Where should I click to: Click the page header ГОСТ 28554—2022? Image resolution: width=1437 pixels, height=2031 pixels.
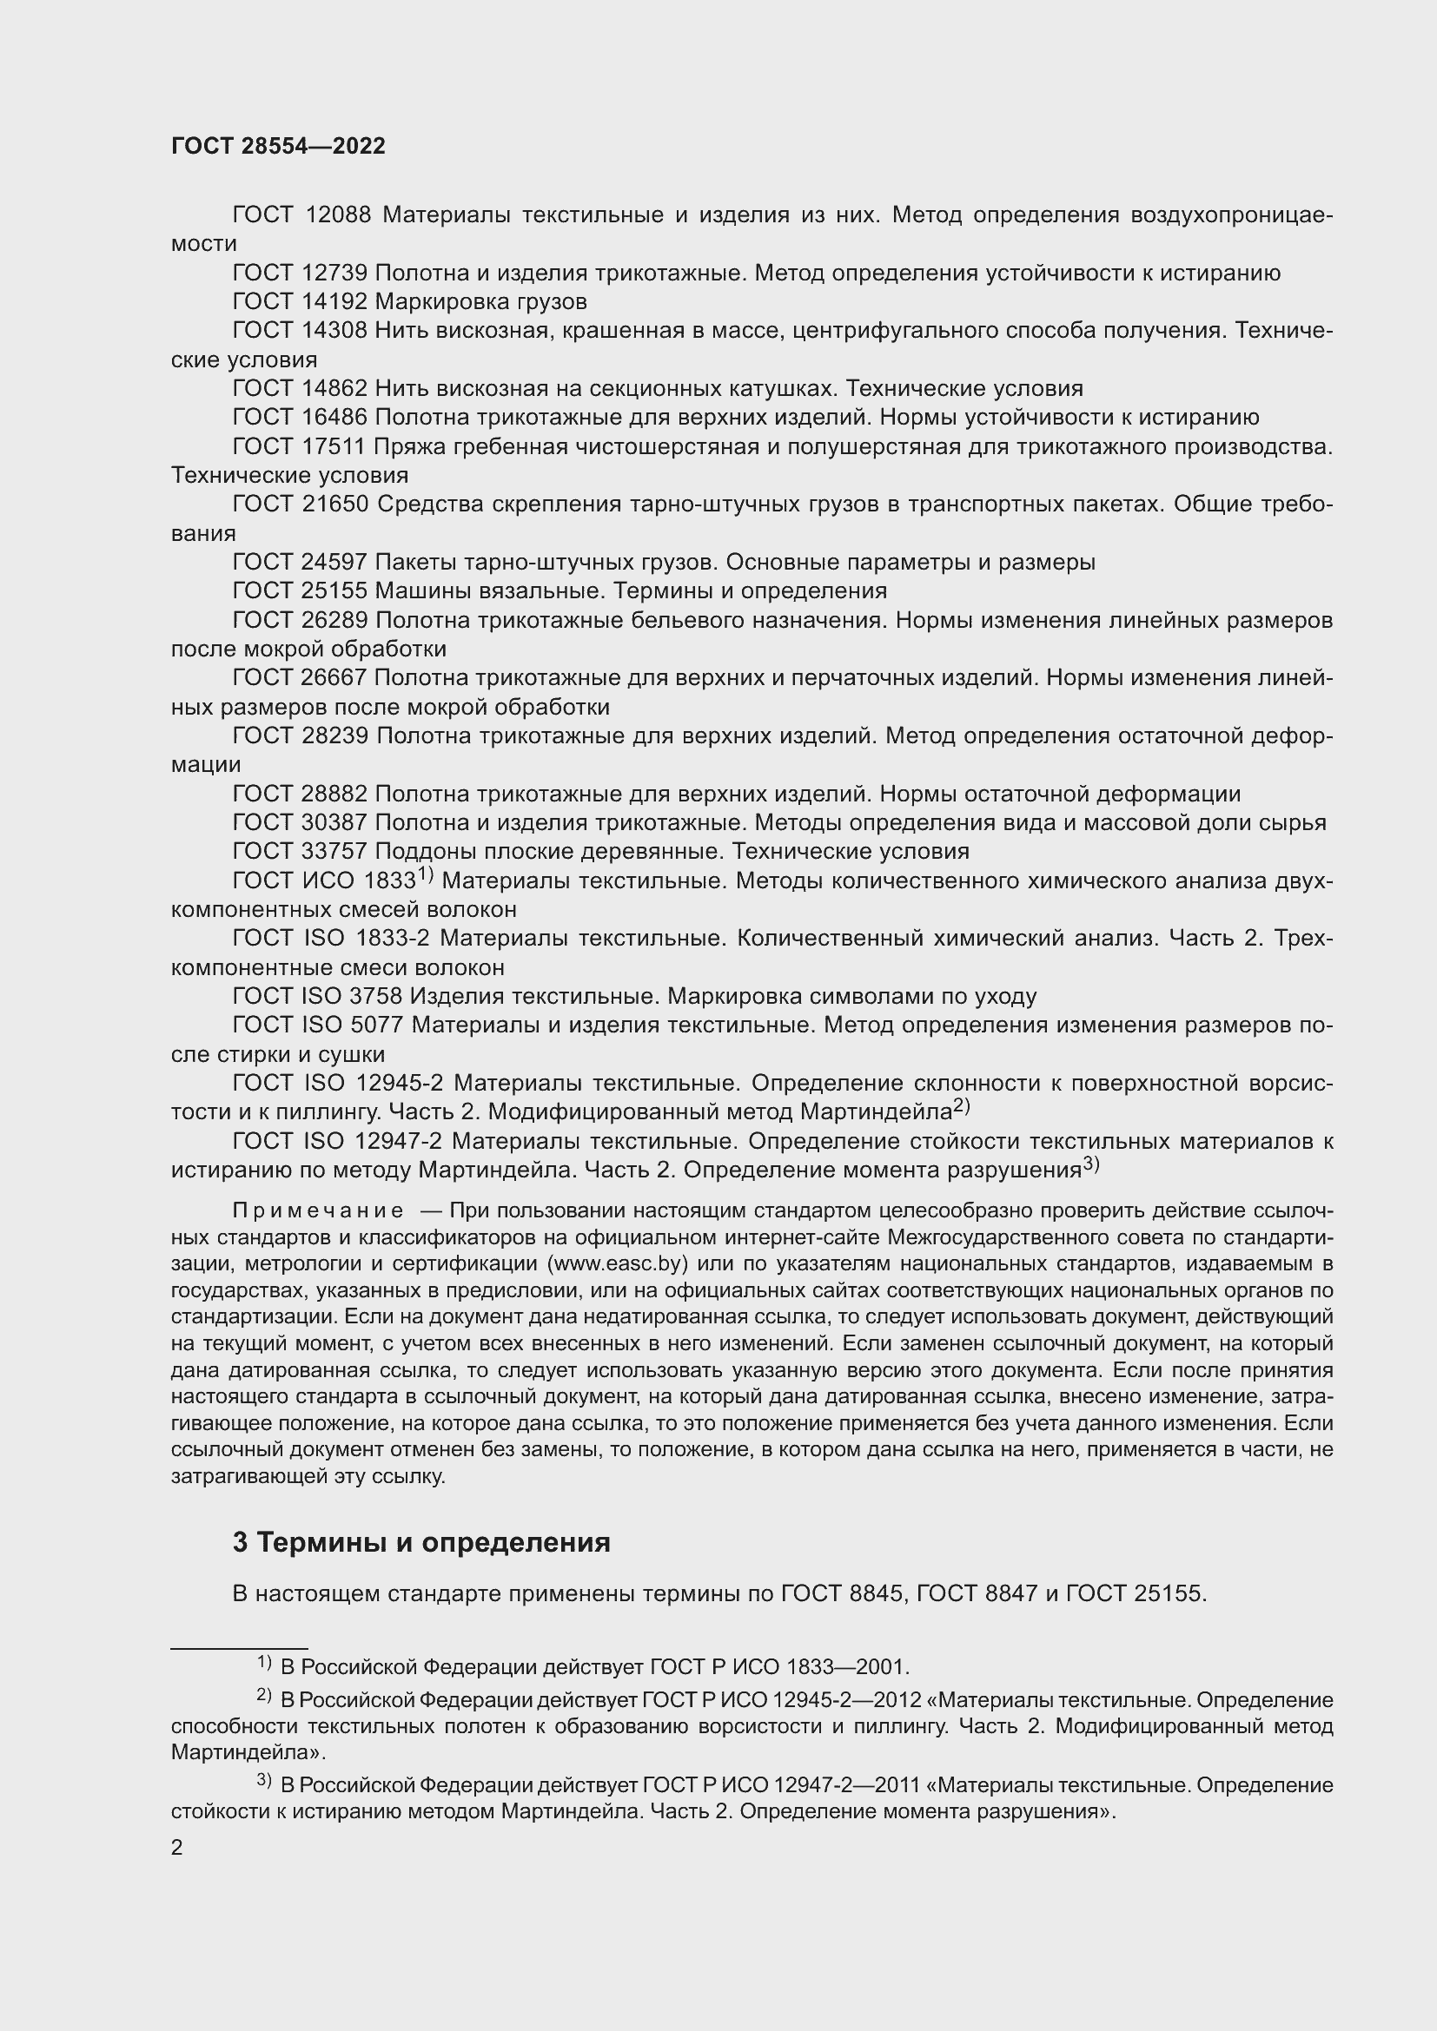coord(278,147)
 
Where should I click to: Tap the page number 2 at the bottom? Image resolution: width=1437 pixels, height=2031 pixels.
coord(177,1847)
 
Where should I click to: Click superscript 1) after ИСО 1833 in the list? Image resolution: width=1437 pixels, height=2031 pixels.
coord(425,875)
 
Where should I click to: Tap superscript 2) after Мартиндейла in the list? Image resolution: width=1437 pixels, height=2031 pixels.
coord(962,1105)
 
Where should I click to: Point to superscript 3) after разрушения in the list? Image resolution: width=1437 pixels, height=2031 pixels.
coord(1090,1164)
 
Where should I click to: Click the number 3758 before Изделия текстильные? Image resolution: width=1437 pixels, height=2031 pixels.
coord(376,997)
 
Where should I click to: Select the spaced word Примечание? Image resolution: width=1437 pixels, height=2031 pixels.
coord(318,1211)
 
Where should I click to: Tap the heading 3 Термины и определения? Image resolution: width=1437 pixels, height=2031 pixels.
coord(421,1543)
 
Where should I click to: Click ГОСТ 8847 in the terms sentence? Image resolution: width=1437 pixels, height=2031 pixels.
coord(977,1594)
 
